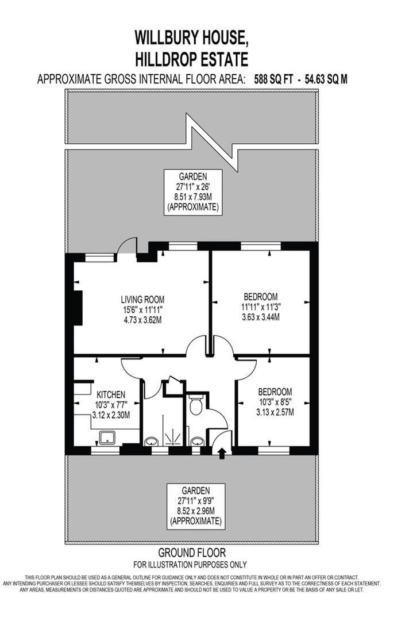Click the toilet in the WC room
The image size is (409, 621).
[195, 405]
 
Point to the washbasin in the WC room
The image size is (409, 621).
[197, 442]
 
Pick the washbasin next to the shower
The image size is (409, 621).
[151, 442]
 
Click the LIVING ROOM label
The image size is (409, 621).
[142, 299]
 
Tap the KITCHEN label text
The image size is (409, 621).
[111, 394]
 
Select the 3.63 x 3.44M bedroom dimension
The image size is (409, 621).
[261, 317]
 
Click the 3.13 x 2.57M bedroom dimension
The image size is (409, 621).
[275, 412]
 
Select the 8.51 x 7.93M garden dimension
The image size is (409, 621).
[192, 197]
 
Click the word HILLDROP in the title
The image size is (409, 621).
[167, 59]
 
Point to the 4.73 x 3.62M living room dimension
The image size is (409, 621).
[142, 319]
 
